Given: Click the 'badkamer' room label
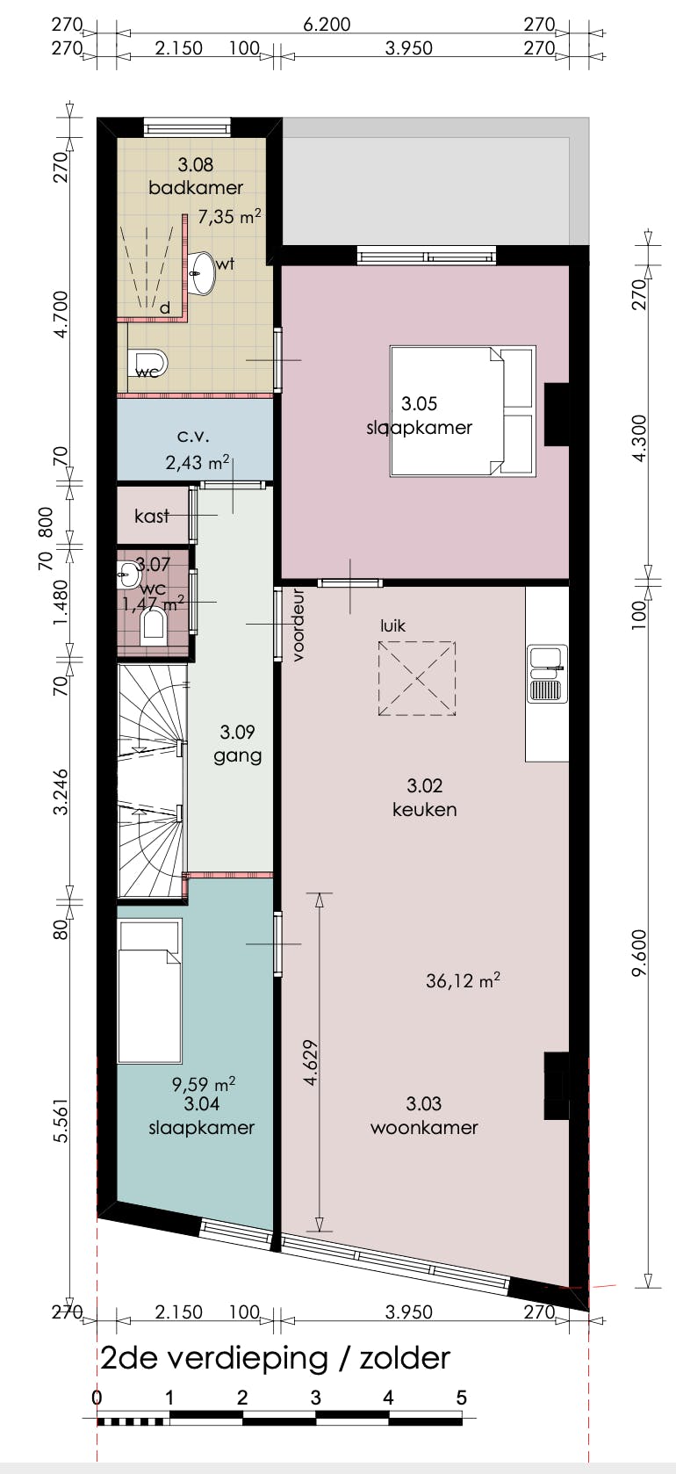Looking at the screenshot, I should click(195, 187).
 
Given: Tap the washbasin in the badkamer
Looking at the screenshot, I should click(203, 273).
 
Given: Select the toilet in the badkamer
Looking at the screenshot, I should click(148, 361).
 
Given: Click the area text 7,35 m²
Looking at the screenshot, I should click(228, 216).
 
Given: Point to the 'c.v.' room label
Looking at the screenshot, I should click(193, 436).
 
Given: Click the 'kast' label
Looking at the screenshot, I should click(151, 516).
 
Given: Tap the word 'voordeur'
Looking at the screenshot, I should click(298, 625).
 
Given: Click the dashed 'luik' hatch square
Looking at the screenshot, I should click(417, 678).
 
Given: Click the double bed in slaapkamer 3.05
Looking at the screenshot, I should click(462, 411).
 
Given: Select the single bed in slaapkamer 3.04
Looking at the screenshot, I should click(150, 990).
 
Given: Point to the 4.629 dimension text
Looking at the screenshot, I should click(310, 1063).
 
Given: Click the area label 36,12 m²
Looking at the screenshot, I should click(463, 980).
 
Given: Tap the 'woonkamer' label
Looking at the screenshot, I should click(424, 1127).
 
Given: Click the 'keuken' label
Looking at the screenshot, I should click(424, 809).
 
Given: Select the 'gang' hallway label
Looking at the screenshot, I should click(237, 755).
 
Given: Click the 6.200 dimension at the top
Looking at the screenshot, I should click(327, 25).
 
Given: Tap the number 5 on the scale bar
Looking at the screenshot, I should click(461, 1398).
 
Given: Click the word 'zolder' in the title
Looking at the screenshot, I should click(404, 1358).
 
